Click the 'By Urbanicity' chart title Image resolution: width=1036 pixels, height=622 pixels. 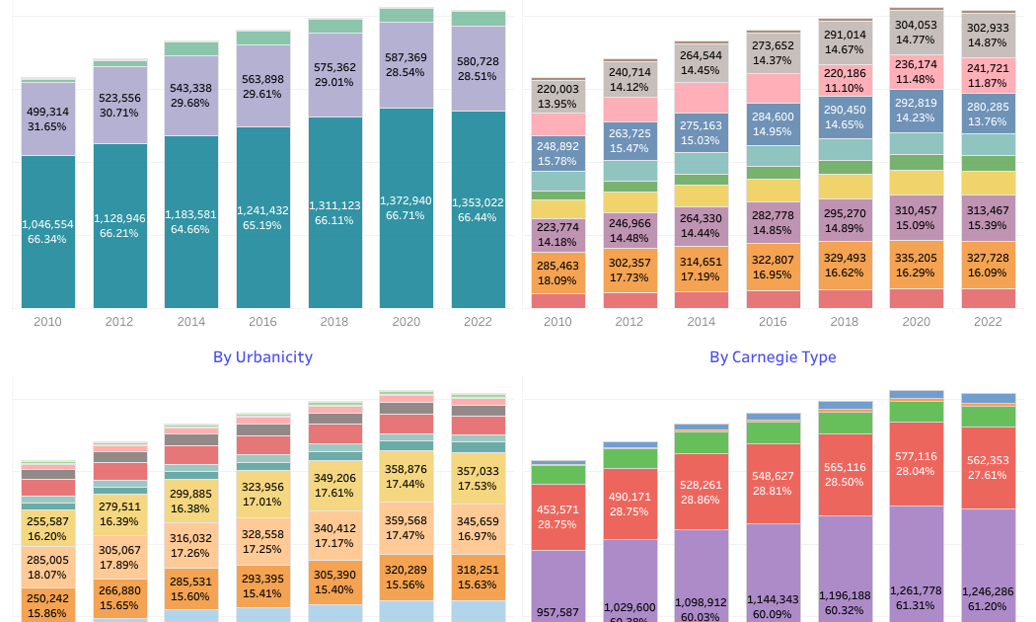[262, 357]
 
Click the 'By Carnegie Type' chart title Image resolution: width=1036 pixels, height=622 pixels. [773, 357]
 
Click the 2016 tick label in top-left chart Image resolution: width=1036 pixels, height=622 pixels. [262, 322]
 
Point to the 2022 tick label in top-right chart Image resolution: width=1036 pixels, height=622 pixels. [988, 322]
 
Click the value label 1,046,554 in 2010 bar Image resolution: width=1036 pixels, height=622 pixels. [48, 225]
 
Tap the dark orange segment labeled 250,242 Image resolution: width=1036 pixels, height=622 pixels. [48, 604]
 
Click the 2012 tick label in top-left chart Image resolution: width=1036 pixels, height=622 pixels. [119, 322]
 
